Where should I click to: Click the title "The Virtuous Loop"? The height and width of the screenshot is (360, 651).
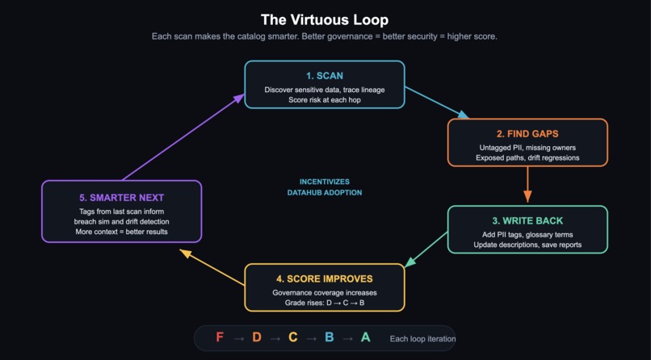[x=325, y=20]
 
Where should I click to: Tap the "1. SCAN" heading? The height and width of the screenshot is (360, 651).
[x=325, y=76]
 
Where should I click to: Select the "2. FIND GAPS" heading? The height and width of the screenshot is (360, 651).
[x=527, y=134]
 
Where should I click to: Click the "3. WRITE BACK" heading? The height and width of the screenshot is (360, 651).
[x=527, y=220]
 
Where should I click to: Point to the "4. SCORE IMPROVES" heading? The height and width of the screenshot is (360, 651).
[x=325, y=278]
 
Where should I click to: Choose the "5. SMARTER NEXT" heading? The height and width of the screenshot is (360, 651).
[x=122, y=198]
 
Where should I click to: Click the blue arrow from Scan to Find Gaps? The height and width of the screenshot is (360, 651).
[x=436, y=103]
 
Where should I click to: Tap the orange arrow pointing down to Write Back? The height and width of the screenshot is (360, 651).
[x=527, y=184]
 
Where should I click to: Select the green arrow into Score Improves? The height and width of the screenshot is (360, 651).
[x=426, y=249]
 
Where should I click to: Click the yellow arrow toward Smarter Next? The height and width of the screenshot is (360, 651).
[x=212, y=267]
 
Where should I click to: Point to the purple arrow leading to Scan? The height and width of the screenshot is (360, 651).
[x=183, y=137]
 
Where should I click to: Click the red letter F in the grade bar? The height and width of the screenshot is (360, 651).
[x=220, y=337]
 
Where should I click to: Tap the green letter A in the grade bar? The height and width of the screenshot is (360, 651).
[x=365, y=337]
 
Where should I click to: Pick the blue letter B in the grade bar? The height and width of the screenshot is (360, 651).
[x=330, y=337]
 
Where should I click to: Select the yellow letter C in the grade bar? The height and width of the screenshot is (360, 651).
[x=293, y=337]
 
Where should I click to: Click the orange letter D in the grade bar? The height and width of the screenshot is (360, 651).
[x=257, y=337]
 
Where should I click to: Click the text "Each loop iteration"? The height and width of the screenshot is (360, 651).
[x=422, y=339]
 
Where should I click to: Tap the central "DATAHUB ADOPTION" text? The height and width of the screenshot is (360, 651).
[x=325, y=192]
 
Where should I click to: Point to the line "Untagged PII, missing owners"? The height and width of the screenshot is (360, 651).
[x=527, y=148]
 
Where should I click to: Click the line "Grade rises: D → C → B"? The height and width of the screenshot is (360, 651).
[x=325, y=303]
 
